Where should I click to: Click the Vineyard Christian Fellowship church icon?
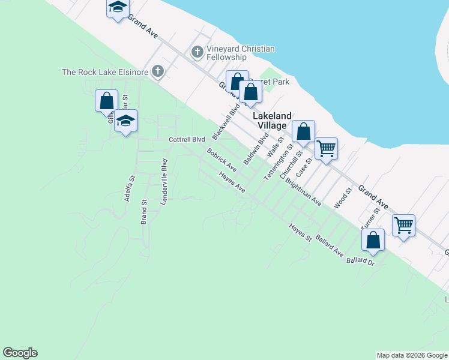(197, 53)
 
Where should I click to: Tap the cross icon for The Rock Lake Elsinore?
(158, 72)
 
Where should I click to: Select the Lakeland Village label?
(272, 121)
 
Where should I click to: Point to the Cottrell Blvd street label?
(186, 140)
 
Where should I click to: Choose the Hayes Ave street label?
(232, 182)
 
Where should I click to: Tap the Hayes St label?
(300, 233)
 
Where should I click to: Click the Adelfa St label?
(128, 187)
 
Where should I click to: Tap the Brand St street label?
(144, 212)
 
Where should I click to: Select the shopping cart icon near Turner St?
(403, 226)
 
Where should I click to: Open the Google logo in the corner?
(20, 353)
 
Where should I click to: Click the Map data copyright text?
(412, 355)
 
